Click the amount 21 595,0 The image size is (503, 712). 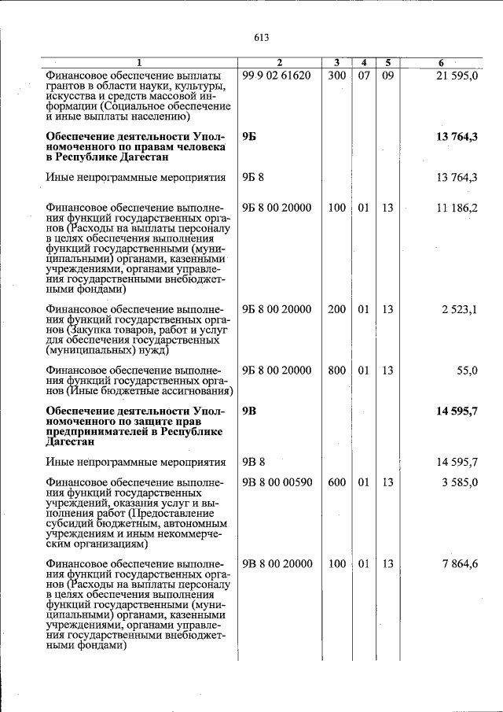pos(457,76)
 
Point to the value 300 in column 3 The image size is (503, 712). pos(336,76)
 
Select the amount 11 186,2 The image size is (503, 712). pos(457,208)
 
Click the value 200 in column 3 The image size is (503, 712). pos(336,310)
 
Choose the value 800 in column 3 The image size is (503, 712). pos(336,371)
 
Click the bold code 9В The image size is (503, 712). pos(249,411)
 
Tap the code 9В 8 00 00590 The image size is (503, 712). pos(277,482)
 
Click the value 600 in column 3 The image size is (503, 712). pos(336,482)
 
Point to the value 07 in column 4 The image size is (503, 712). pos(363,76)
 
